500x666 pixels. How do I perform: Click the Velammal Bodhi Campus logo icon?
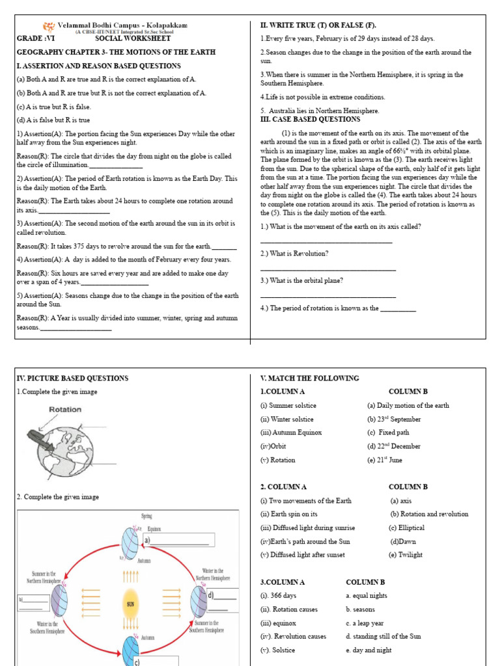coord(49,27)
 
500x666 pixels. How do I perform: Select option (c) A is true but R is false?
coord(54,107)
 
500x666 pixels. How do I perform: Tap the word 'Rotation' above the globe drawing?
coord(65,410)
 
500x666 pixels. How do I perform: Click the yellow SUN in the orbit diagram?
coord(130,604)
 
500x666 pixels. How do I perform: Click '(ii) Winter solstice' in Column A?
coord(286,419)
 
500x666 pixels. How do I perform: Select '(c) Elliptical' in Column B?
coord(407,527)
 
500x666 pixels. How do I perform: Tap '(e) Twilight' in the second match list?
coord(405,555)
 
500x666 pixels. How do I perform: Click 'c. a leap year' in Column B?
coord(365,622)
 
